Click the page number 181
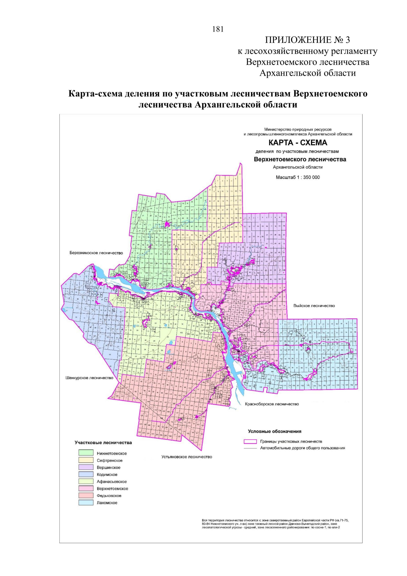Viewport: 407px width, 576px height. (218, 29)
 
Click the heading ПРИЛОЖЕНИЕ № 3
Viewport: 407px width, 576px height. (307, 40)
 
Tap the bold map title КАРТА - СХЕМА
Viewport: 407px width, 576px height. (298, 143)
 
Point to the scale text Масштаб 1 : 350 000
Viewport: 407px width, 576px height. (298, 177)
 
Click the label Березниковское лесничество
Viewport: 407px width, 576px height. (96, 253)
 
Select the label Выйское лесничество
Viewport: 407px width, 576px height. (314, 305)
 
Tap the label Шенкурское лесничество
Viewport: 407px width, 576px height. (89, 378)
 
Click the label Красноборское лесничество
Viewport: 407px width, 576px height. (272, 404)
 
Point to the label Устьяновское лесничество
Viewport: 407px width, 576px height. (187, 457)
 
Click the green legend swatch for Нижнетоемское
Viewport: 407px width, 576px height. (86, 453)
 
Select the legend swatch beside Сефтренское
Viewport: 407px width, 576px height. (86, 460)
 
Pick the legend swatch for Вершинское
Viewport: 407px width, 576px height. (86, 467)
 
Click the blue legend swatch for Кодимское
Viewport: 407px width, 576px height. (86, 475)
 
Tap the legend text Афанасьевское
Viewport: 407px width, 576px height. (112, 482)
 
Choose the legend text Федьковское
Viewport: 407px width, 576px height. (109, 496)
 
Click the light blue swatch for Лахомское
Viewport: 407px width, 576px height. (86, 503)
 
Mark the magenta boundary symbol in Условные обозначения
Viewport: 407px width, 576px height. (250, 442)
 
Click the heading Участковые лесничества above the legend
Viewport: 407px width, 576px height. (103, 443)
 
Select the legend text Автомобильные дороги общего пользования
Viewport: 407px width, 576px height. (302, 448)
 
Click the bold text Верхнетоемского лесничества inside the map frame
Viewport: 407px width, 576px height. (300, 159)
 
